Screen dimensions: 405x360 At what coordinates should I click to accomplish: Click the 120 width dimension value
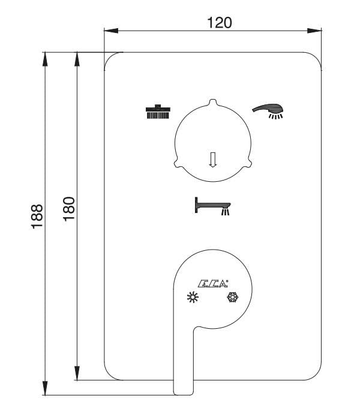[x=219, y=22]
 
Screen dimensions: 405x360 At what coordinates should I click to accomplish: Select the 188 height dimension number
[x=37, y=216]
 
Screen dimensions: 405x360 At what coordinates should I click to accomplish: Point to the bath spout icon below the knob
[x=212, y=206]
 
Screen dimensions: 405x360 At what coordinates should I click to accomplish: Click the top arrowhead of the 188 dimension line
[x=45, y=57]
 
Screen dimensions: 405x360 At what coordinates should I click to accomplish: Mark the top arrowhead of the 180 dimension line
[x=77, y=57]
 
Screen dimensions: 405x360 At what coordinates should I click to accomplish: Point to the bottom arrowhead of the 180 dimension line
[x=77, y=375]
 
